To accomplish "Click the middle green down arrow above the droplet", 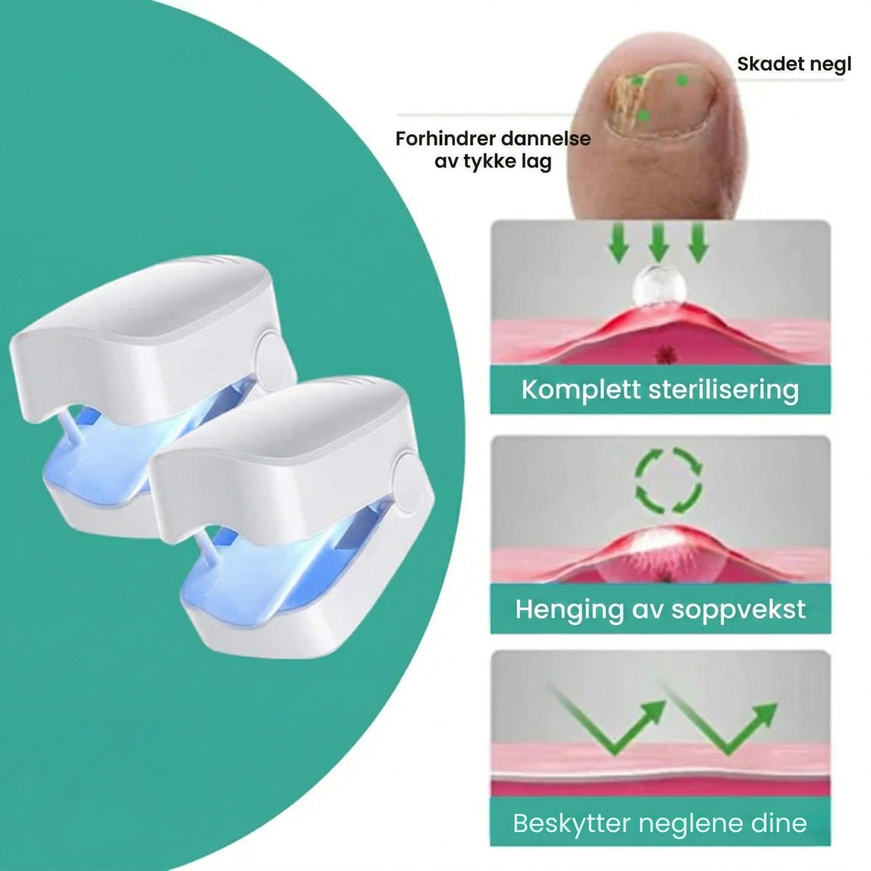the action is tap(658, 243).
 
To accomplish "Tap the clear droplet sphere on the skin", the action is tap(658, 285).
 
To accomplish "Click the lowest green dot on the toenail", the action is tap(643, 116).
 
